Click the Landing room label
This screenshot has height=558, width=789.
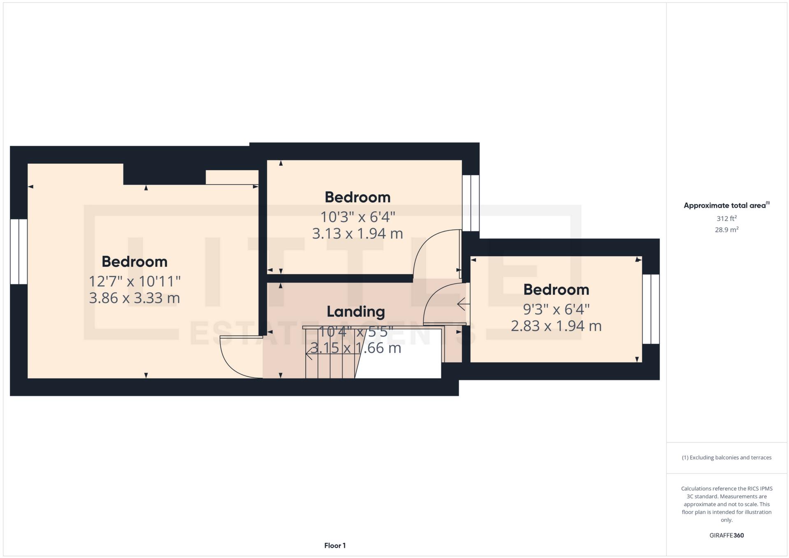[356, 312]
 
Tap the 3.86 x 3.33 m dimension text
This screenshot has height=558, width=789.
[135, 298]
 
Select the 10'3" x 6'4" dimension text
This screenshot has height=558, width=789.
[357, 216]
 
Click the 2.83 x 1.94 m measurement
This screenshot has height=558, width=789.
[556, 326]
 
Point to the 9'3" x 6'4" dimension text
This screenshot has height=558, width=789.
[556, 309]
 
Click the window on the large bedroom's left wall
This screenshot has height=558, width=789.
[19, 251]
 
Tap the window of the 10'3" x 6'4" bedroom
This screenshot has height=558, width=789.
[470, 203]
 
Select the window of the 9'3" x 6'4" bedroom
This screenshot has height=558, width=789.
[651, 309]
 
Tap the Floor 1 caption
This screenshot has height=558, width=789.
[335, 546]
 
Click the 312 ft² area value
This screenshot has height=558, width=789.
[726, 218]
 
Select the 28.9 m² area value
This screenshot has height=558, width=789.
[726, 230]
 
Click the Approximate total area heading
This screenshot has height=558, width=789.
[726, 205]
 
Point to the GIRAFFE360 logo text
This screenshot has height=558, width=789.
[726, 535]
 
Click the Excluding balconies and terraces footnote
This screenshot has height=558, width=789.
[726, 458]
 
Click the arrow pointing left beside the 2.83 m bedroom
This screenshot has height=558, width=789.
[463, 304]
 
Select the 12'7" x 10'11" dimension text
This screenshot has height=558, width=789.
[135, 281]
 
